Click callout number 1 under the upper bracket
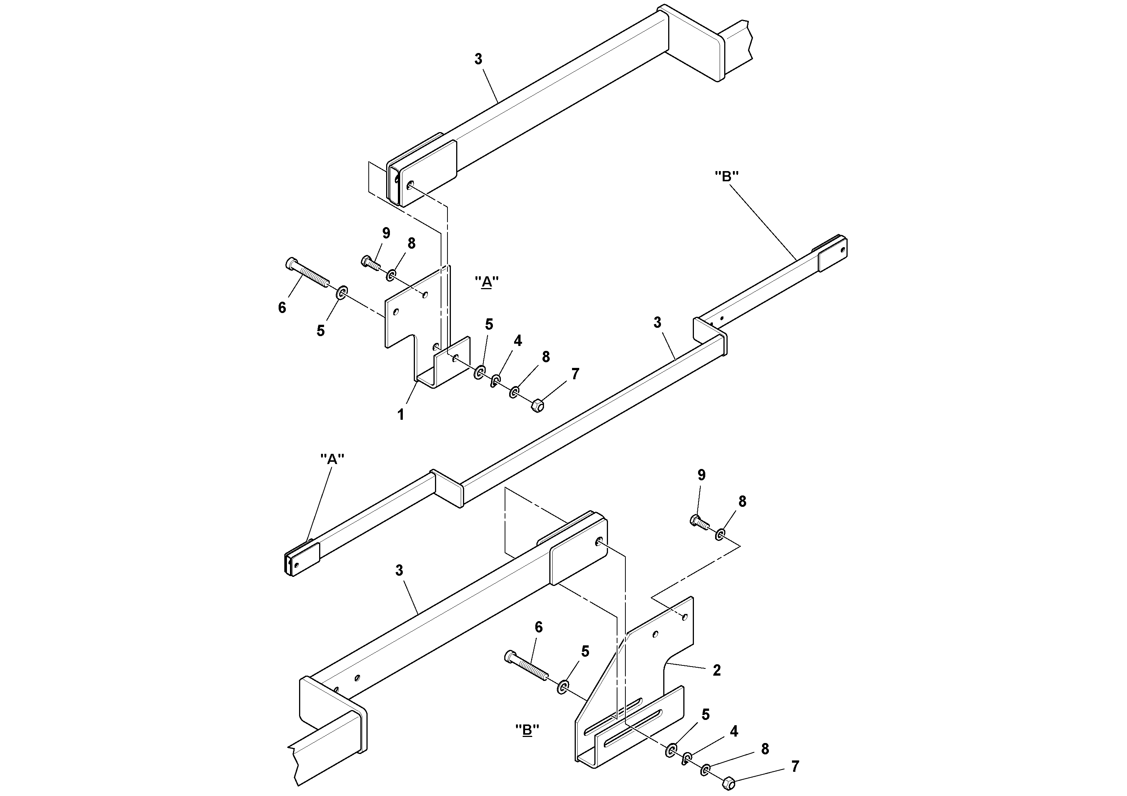pyautogui.click(x=401, y=415)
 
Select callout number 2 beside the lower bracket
pyautogui.click(x=717, y=670)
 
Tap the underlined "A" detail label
pyautogui.click(x=486, y=282)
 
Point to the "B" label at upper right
pyautogui.click(x=726, y=177)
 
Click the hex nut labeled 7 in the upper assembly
pyautogui.click(x=538, y=406)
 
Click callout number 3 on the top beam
pyautogui.click(x=478, y=59)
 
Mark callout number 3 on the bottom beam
pyautogui.click(x=399, y=571)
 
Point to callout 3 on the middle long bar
pyautogui.click(x=657, y=322)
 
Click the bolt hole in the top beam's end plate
pyautogui.click(x=410, y=185)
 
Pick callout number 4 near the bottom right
pyautogui.click(x=734, y=732)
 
